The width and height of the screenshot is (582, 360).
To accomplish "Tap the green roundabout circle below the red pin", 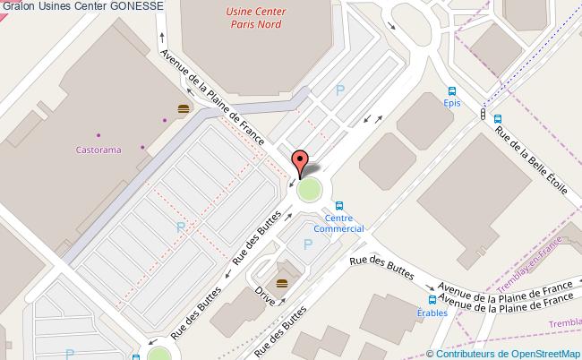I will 309,190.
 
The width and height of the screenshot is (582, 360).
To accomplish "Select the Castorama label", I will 98,149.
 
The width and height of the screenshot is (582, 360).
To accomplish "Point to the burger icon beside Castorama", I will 184,108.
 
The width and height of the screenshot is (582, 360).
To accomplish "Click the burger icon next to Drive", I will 282,283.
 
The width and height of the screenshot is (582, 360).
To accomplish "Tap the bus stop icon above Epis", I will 452,90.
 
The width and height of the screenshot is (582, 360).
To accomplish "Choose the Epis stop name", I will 452,102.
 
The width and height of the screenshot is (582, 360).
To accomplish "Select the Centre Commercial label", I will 344,223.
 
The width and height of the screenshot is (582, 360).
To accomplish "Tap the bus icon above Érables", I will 432,300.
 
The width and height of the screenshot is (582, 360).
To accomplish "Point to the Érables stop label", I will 432,313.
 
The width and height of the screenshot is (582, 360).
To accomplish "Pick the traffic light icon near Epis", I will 484,115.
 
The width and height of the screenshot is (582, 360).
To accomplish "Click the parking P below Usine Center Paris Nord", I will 338,90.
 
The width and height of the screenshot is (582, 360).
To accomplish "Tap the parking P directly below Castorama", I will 180,228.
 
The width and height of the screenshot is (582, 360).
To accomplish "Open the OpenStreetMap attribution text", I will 506,353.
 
